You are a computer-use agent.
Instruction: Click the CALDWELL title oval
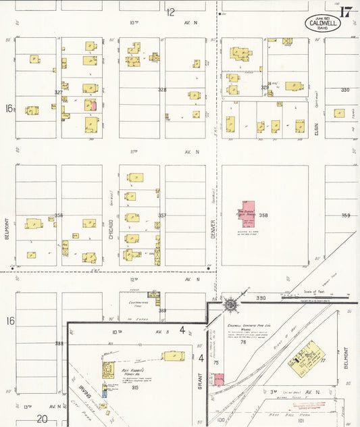pyautogui.click(x=323, y=22)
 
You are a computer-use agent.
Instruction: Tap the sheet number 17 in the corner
pyautogui.click(x=346, y=12)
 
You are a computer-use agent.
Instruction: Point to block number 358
pyautogui.click(x=263, y=216)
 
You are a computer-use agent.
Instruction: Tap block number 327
pyautogui.click(x=59, y=92)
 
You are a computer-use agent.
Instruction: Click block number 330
pyautogui.click(x=345, y=90)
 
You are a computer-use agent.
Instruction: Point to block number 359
pyautogui.click(x=345, y=216)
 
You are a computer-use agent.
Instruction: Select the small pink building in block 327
pyautogui.click(x=94, y=105)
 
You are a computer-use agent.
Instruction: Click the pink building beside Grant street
pyautogui.click(x=217, y=379)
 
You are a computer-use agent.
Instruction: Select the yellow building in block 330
pyautogui.click(x=340, y=113)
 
